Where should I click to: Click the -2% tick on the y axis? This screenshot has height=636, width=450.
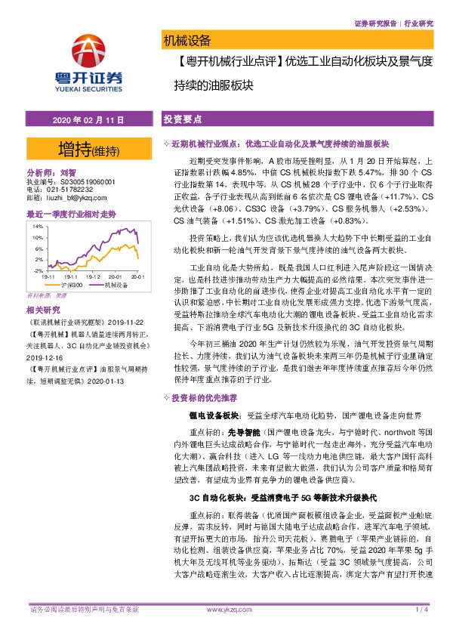[x=36, y=270]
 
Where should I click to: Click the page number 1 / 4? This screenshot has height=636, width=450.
[x=421, y=610]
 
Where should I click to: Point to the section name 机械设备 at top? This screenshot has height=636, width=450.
[x=186, y=40]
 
